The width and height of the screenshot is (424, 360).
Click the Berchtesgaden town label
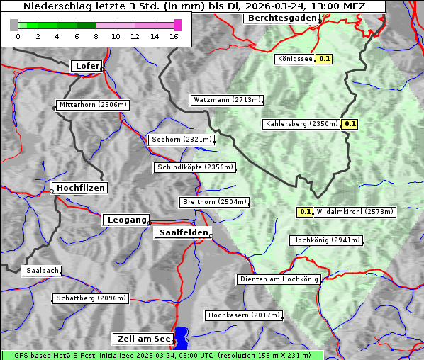click(280, 18)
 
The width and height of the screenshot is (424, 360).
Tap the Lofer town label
click(87, 66)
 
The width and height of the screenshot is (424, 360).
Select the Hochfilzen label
click(80, 188)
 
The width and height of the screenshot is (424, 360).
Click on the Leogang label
click(126, 220)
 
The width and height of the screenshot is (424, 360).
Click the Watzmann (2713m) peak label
click(227, 100)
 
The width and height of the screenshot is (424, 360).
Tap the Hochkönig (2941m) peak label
click(326, 240)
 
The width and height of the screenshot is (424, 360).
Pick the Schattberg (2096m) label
click(91, 298)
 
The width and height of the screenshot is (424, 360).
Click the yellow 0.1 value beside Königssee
click(324, 60)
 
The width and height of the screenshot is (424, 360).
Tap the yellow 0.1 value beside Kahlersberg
click(350, 124)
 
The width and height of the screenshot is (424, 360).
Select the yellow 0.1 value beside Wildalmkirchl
click(305, 211)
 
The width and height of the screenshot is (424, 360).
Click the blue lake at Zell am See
click(182, 337)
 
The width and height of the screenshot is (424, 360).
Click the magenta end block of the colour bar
click(177, 25)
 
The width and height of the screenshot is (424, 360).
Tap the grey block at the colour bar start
click(13, 25)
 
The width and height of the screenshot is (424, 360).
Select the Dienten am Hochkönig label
click(279, 279)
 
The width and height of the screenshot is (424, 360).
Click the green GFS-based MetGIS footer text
click(162, 355)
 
